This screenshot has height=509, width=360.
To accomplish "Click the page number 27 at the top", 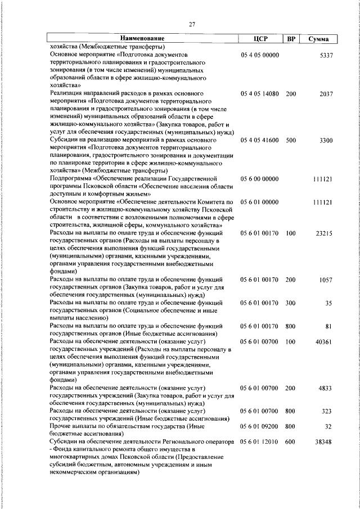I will (x=192, y=24).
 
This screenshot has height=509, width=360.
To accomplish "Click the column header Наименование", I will (x=142, y=39).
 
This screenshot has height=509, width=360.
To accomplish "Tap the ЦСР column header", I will (x=260, y=39).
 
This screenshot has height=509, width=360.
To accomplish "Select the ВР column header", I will (x=291, y=39).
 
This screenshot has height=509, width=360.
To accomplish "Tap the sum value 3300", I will (x=326, y=139).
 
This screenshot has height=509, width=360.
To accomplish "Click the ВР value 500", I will (x=290, y=139).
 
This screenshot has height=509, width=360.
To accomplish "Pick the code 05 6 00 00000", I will (x=259, y=178).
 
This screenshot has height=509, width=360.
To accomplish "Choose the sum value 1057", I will (x=326, y=279).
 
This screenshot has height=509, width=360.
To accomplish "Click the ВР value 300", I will (x=290, y=302).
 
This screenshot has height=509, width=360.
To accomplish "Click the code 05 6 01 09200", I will (x=259, y=426).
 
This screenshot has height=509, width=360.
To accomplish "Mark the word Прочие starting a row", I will (x=62, y=426).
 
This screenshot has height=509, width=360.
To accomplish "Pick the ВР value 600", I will (x=290, y=442).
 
